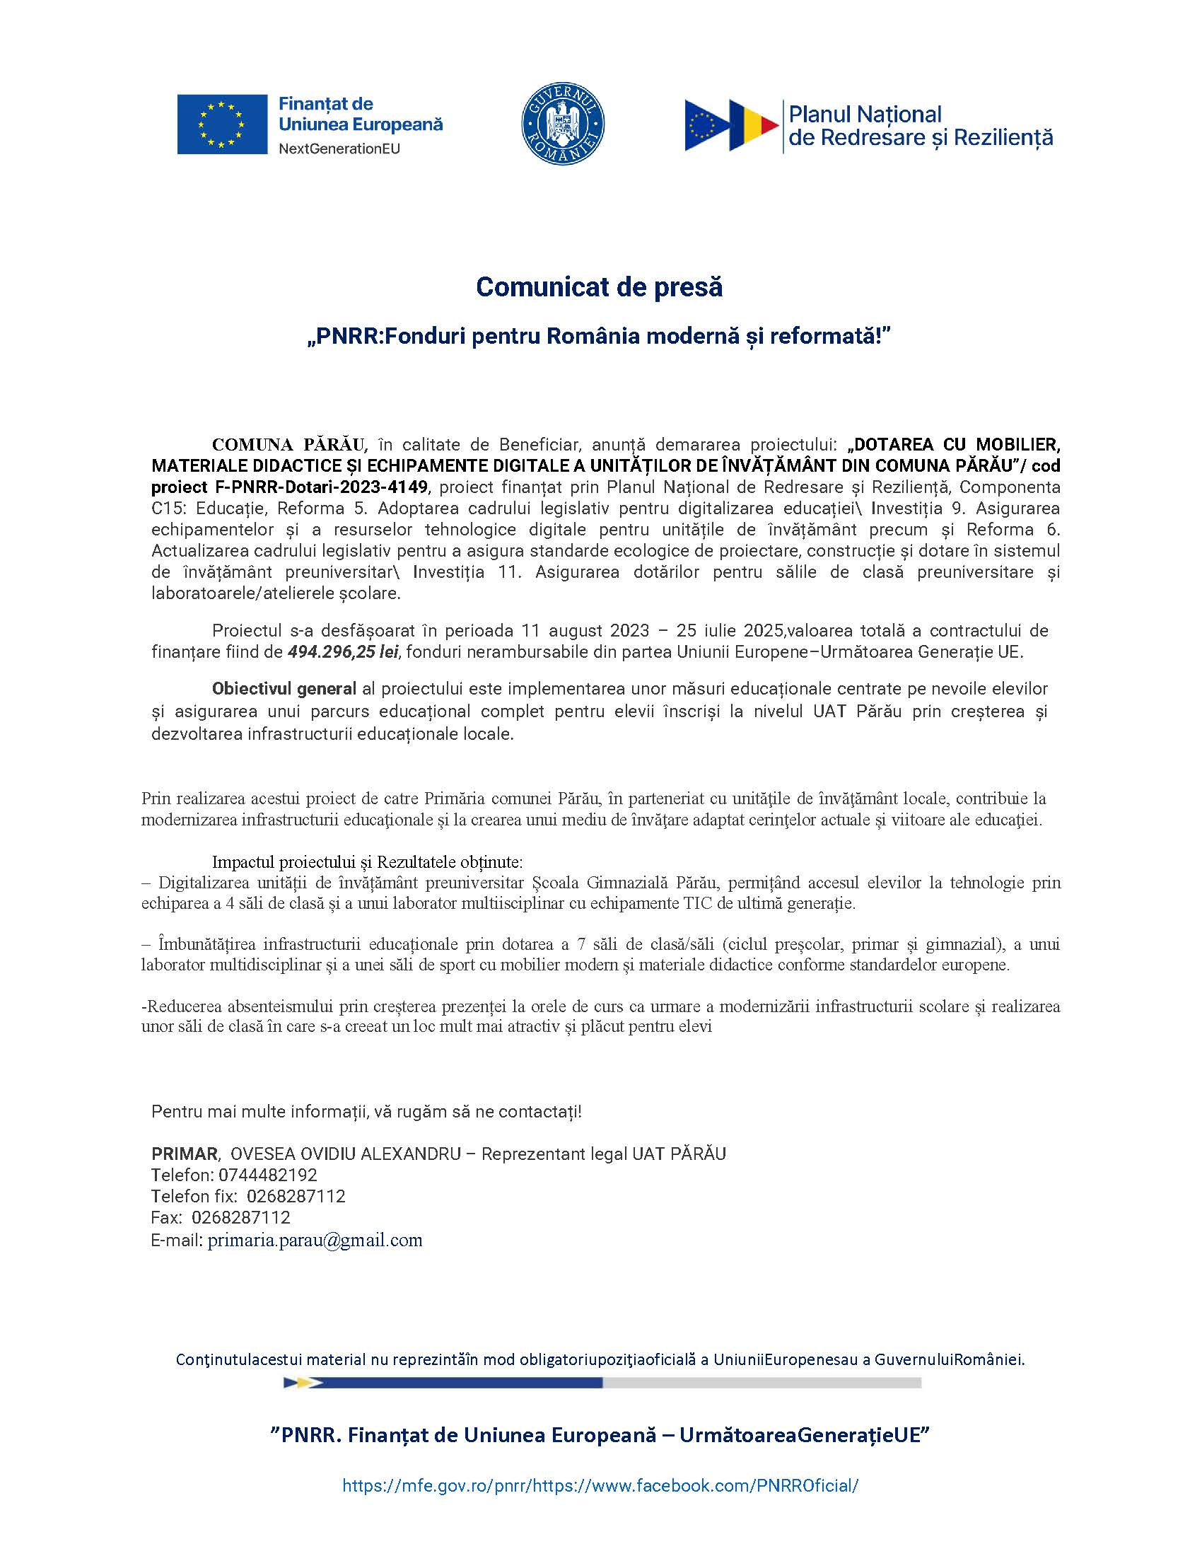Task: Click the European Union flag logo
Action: [x=221, y=124]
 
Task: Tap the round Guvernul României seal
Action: [x=563, y=123]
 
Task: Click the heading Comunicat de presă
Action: [x=599, y=287]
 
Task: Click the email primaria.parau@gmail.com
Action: [x=315, y=1241]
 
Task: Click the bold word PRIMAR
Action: [x=185, y=1154]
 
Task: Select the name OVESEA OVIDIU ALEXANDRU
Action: [x=345, y=1154]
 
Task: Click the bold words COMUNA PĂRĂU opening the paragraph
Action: [x=289, y=446]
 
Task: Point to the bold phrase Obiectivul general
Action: [x=284, y=689]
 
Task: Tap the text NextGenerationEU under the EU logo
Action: [x=339, y=149]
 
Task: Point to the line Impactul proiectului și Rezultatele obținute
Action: [x=368, y=862]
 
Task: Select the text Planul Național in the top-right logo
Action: [x=865, y=114]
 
